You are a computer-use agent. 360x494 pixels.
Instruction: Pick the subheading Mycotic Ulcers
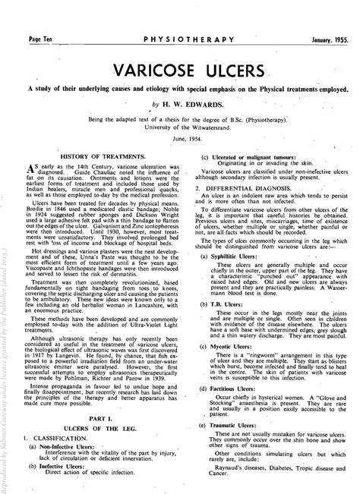(x=232, y=363)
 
